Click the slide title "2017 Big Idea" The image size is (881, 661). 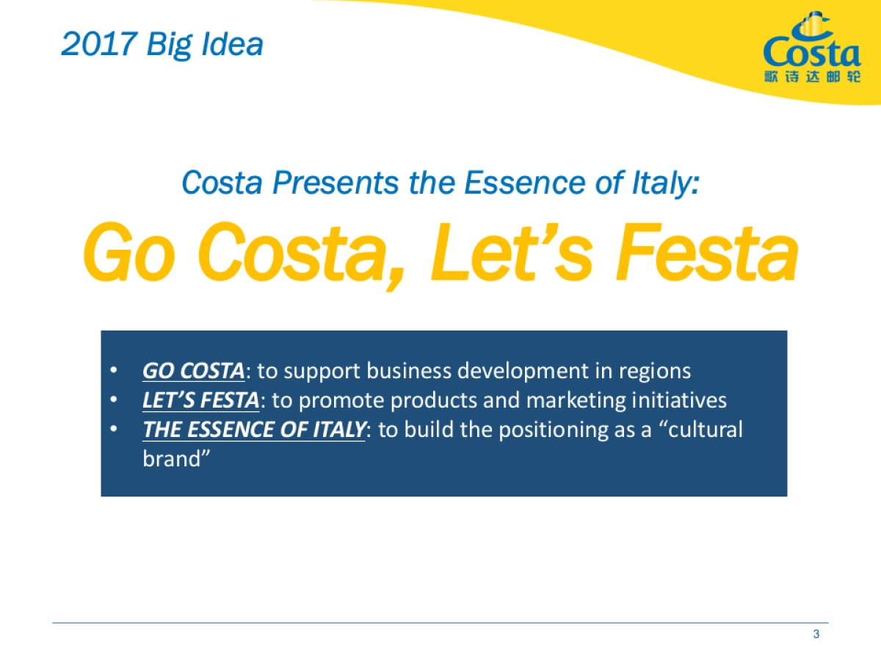pyautogui.click(x=162, y=44)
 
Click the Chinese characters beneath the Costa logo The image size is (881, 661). pyautogui.click(x=812, y=77)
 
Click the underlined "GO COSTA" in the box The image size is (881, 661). pyautogui.click(x=193, y=371)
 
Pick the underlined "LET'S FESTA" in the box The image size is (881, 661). pyautogui.click(x=200, y=400)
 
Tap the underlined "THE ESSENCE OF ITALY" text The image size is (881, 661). pyautogui.click(x=253, y=430)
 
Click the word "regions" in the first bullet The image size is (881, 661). pyautogui.click(x=653, y=371)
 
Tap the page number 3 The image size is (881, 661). pyautogui.click(x=816, y=635)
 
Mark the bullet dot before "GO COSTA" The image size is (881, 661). pyautogui.click(x=113, y=371)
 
